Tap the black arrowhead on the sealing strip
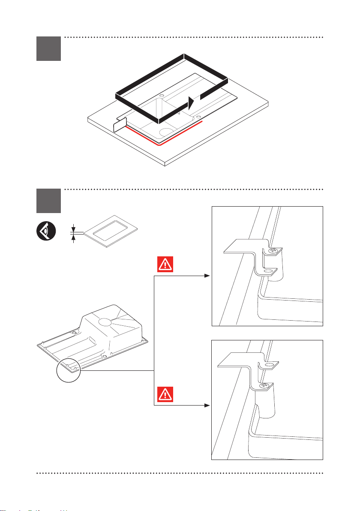(x=193, y=103)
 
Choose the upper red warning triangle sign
(x=164, y=265)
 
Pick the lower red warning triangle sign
(x=164, y=394)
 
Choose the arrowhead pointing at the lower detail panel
(x=208, y=405)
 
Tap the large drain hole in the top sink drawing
(x=165, y=131)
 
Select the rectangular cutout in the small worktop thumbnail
(x=111, y=228)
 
